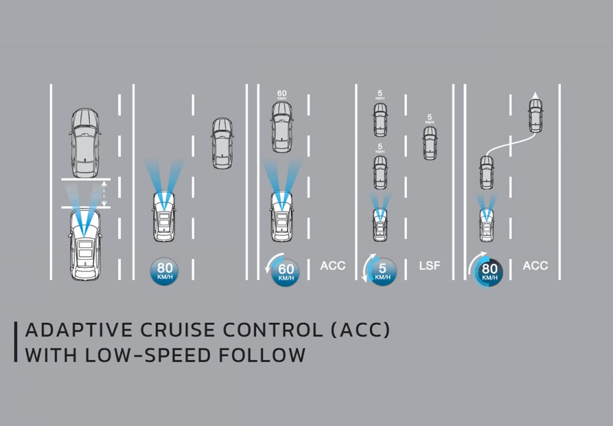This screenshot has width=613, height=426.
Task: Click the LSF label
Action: (429, 265)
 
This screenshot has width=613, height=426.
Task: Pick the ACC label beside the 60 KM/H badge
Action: (333, 265)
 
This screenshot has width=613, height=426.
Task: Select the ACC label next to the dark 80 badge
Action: (535, 265)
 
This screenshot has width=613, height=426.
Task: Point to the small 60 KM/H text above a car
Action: (281, 95)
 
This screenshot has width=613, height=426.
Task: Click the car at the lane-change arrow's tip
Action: (536, 116)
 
